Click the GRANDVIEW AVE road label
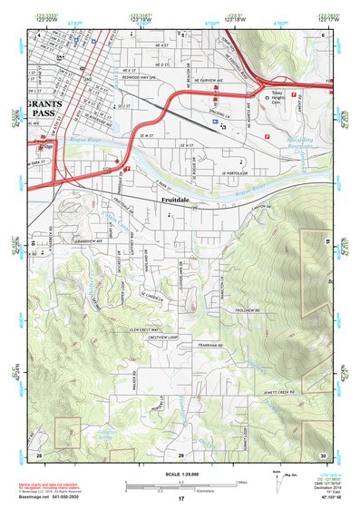click(x=70, y=241)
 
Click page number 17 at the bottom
click(x=180, y=499)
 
